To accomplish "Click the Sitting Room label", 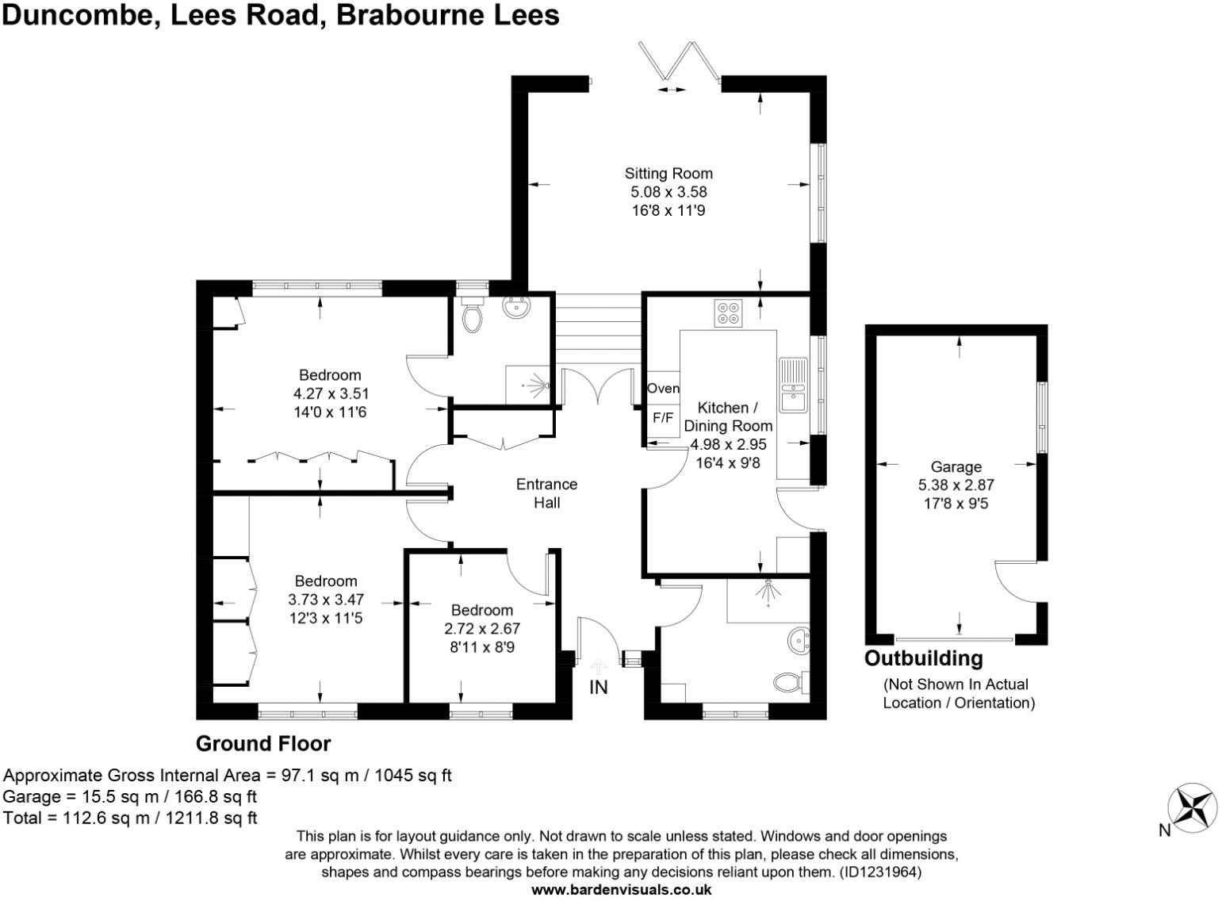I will coord(668,173).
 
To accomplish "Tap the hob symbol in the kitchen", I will coord(728,312).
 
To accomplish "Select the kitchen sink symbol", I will coord(792,385).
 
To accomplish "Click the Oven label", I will coord(663,388).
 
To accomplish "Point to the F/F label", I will coord(662,417).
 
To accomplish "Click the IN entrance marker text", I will coord(598,687).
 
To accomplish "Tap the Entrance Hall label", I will coord(546,493).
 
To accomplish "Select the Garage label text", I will coord(956,467).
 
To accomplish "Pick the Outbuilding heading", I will coord(923,658).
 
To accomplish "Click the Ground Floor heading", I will coord(262,743).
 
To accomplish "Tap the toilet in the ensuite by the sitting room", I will coord(472,317).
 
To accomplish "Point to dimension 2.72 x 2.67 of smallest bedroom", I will coord(481,628).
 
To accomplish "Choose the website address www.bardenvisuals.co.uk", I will coord(621,890).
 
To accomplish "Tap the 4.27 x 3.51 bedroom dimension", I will coord(331,393).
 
